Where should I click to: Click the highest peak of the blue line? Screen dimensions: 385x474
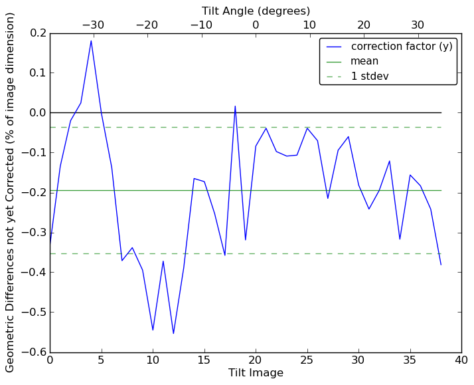tap(91, 41)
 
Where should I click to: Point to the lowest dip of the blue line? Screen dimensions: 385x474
tap(173, 333)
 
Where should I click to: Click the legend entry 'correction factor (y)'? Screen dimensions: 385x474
tap(402, 47)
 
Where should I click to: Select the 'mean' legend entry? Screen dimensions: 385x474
tap(364, 61)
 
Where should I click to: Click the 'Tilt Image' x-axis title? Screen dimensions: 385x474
tap(256, 373)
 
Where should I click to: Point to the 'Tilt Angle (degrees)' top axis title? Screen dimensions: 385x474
tap(256, 11)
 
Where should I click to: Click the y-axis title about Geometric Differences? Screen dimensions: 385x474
tap(10, 192)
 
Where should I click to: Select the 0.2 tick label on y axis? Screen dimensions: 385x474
tap(37, 33)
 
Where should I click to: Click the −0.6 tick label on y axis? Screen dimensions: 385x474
tap(33, 352)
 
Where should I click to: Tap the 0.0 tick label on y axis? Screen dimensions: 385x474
tap(37, 112)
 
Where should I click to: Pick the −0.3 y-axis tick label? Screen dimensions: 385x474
tap(33, 232)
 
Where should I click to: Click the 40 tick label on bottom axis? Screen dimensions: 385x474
tap(461, 360)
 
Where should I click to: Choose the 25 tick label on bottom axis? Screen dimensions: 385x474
tap(307, 360)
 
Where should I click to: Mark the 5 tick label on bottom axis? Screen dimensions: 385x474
tap(101, 360)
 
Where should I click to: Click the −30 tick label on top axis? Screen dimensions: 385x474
tap(93, 25)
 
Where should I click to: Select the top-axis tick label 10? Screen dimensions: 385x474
tap(309, 25)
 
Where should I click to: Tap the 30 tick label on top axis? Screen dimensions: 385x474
tap(418, 25)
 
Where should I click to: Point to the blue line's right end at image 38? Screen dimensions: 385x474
tap(441, 265)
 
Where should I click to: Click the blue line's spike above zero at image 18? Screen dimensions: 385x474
tap(235, 106)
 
